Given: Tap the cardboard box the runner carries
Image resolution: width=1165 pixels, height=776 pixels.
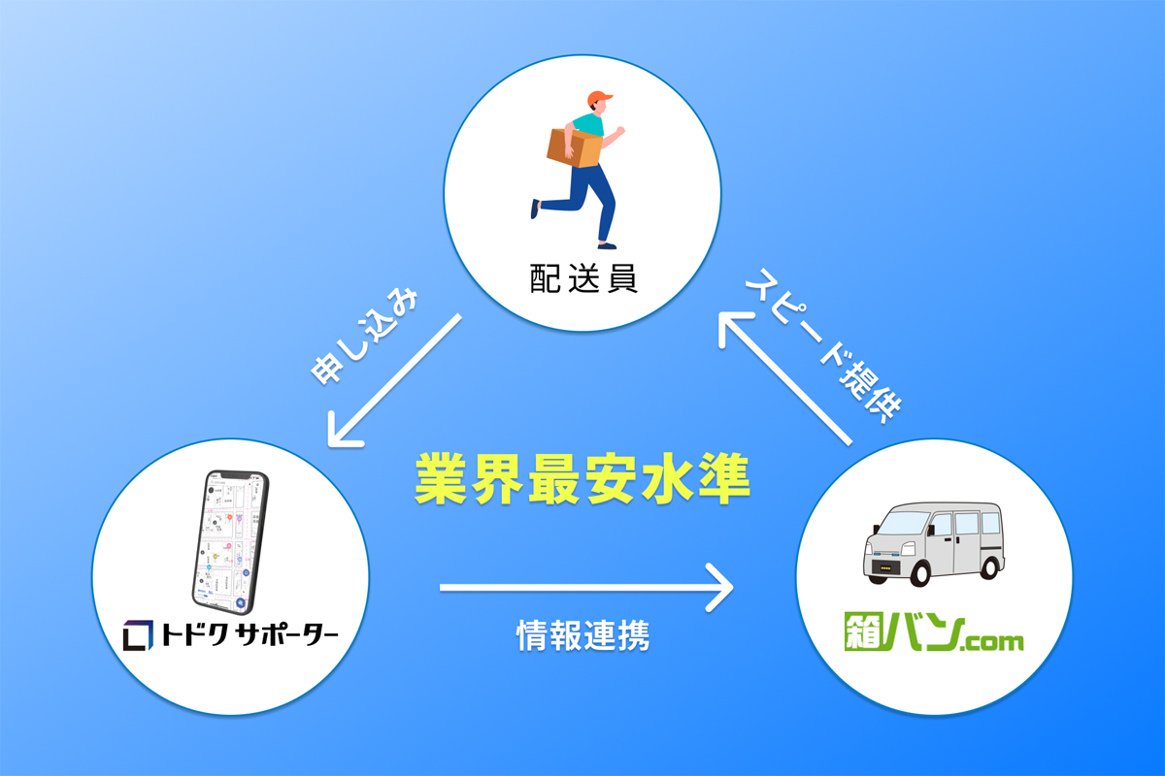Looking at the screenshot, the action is coord(574,147).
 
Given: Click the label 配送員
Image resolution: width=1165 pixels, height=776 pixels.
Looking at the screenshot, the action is coord(583,279).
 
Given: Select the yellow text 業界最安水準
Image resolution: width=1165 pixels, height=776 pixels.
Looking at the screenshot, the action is coord(582,478).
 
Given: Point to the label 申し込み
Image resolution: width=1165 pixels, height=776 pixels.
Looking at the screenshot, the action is coord(365,337).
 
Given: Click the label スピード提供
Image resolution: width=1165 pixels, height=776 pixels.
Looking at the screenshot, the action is coord(824,345).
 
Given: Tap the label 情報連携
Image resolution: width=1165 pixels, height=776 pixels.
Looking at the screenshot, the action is coord(583,635).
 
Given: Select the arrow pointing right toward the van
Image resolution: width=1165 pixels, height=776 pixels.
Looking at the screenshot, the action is coord(586,588).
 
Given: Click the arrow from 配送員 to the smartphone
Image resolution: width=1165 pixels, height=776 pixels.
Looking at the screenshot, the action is coord(395,380).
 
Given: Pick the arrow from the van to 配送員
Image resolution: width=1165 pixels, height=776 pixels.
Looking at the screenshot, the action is coord(785,378).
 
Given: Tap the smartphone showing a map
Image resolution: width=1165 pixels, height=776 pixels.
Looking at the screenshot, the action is coord(231,542).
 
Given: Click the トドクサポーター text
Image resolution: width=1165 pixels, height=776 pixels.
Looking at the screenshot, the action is coord(250,635).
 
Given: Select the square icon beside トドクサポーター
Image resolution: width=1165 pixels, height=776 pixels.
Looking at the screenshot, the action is coord(138,635).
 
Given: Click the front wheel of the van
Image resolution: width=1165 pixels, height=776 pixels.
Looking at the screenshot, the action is coord(920,571).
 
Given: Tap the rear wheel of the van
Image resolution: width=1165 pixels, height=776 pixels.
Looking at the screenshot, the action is coord(989,566).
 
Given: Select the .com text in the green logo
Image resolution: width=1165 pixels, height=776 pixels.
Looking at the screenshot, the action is coord(991,642).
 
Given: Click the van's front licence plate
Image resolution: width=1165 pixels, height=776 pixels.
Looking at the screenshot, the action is coord(885,568).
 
